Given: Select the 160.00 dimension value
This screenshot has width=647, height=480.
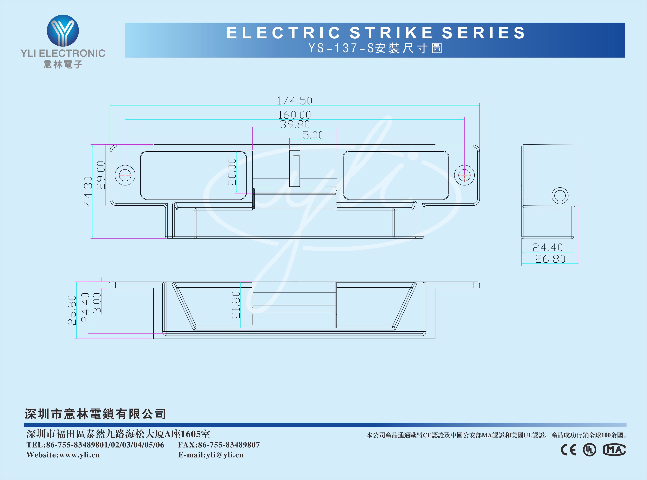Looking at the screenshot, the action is tap(295, 115).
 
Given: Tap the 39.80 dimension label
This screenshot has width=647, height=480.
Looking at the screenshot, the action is tap(295, 124).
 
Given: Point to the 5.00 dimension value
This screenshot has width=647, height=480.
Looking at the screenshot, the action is tap(313, 135).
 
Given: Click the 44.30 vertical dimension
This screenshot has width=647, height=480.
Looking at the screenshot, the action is tap(88, 191).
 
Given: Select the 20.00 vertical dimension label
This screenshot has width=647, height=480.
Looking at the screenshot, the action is tap(232, 172).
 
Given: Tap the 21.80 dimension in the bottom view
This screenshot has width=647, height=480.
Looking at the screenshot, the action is tap(236, 305).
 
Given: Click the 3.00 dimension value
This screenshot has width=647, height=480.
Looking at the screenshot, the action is tap(97, 303).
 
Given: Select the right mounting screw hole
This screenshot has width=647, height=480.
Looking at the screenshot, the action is tap(464, 175).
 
